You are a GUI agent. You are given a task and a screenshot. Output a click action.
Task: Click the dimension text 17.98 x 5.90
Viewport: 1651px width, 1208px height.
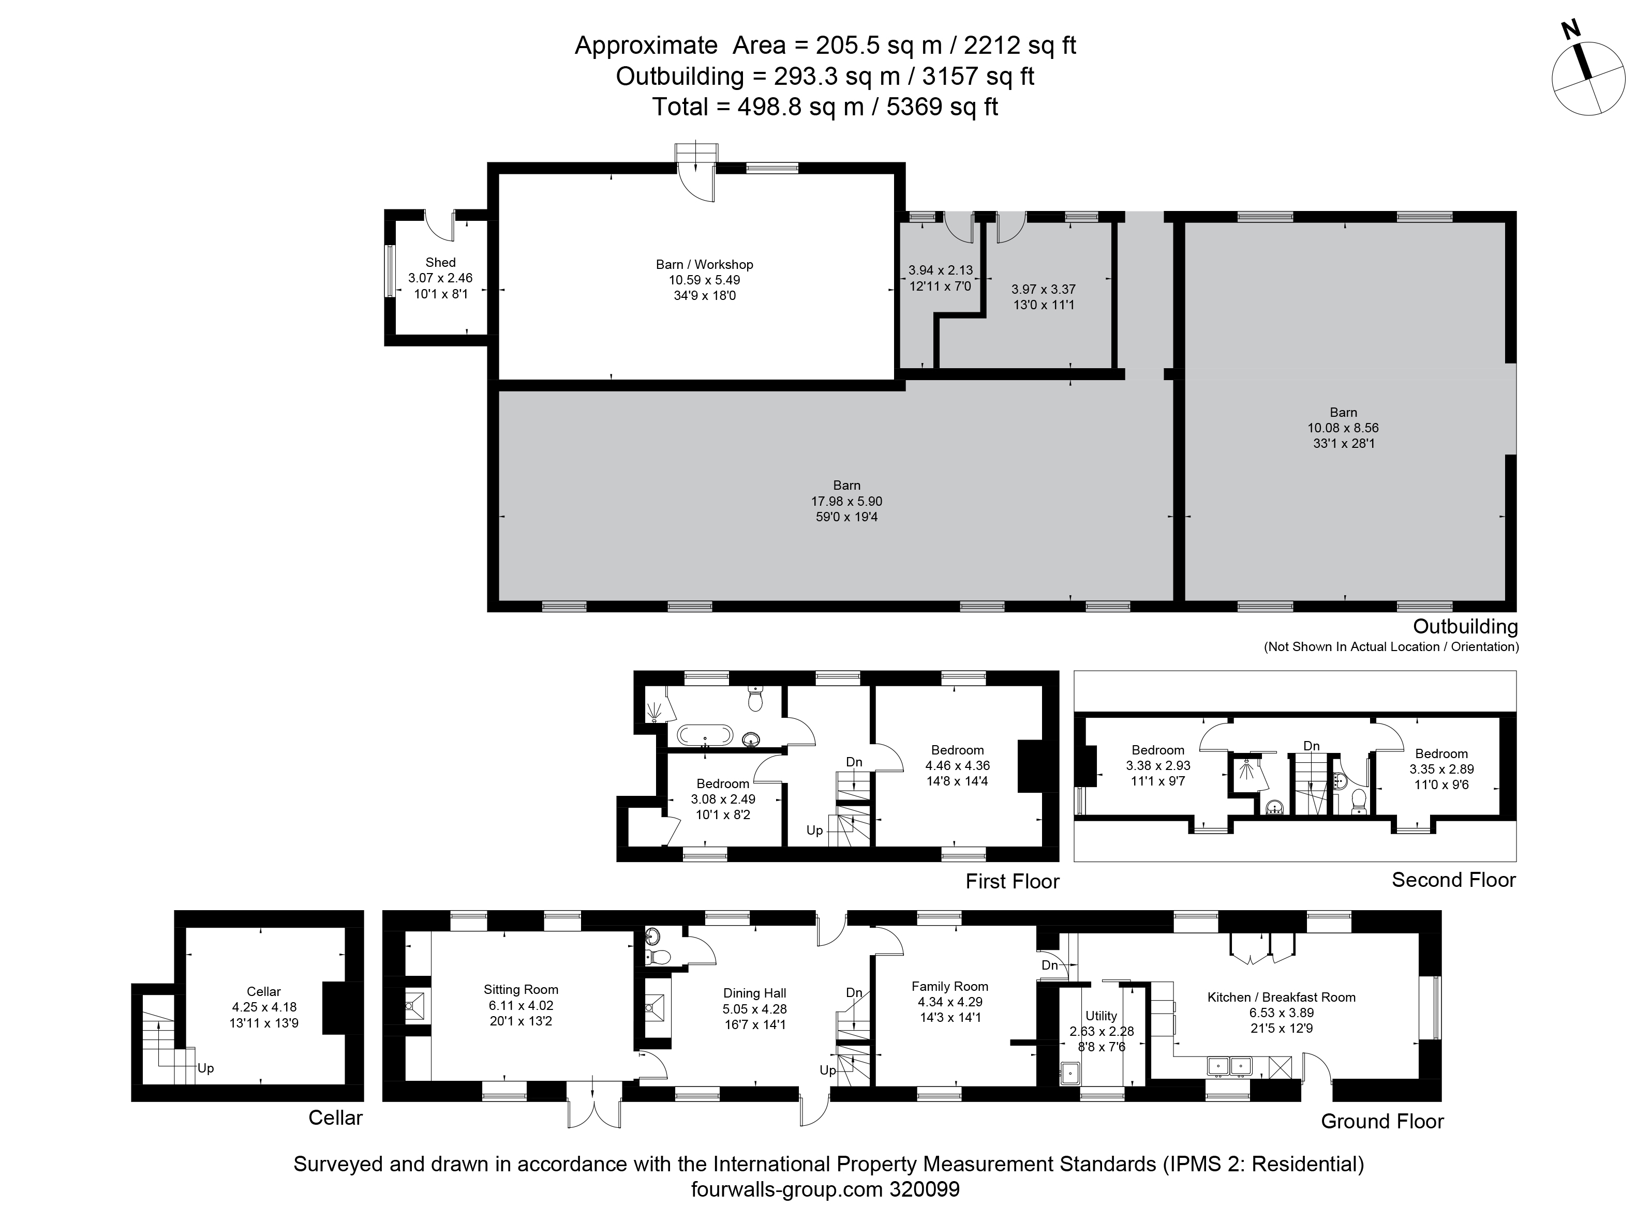click(846, 502)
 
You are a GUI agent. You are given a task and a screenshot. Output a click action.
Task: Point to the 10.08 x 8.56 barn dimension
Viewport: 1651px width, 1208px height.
click(1343, 428)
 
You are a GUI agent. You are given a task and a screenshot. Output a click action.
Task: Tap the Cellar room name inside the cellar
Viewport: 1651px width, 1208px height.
click(263, 991)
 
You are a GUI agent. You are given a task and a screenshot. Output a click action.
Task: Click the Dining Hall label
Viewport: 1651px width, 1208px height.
click(754, 993)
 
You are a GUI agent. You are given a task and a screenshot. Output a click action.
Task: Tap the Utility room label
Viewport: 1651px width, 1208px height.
click(1101, 1016)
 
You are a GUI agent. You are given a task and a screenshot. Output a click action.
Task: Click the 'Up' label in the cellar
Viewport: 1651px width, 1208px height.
click(205, 1068)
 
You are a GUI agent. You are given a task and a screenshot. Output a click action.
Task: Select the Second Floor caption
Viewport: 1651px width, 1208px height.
click(1453, 880)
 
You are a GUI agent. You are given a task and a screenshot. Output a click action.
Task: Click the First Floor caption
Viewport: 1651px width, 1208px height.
click(1012, 881)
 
